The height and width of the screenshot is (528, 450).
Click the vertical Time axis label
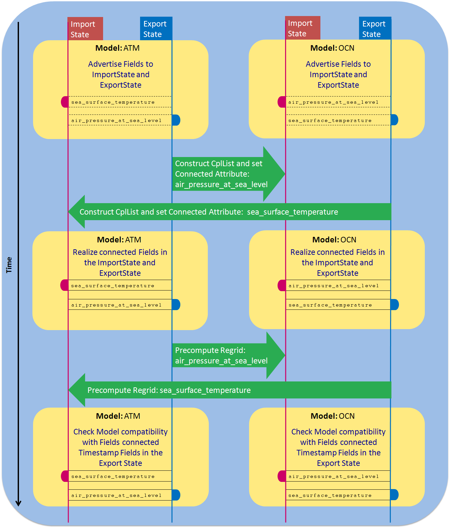9,265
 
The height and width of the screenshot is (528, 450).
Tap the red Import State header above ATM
85,29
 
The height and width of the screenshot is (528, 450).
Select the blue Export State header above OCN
375,29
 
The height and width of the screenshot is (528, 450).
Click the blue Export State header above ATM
156,29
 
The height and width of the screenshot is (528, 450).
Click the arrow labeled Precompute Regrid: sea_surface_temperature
229,390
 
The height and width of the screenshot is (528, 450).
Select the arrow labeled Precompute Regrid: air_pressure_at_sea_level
226,356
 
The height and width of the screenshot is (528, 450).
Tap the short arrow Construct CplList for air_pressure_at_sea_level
226,174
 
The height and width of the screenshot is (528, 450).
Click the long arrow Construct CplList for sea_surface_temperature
229,212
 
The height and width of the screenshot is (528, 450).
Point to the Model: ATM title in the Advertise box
117,48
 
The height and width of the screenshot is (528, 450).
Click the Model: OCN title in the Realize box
334,240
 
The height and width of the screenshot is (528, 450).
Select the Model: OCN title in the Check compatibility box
333,416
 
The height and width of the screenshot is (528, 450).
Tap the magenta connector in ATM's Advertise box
65,102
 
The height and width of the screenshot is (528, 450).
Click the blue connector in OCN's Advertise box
394,120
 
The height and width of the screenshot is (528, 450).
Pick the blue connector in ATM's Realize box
176,305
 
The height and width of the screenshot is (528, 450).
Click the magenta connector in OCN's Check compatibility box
282,476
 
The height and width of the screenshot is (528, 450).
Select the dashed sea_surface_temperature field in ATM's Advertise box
113,102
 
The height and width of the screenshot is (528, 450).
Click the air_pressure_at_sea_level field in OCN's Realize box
333,286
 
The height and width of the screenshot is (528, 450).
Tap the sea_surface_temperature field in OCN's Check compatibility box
330,495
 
